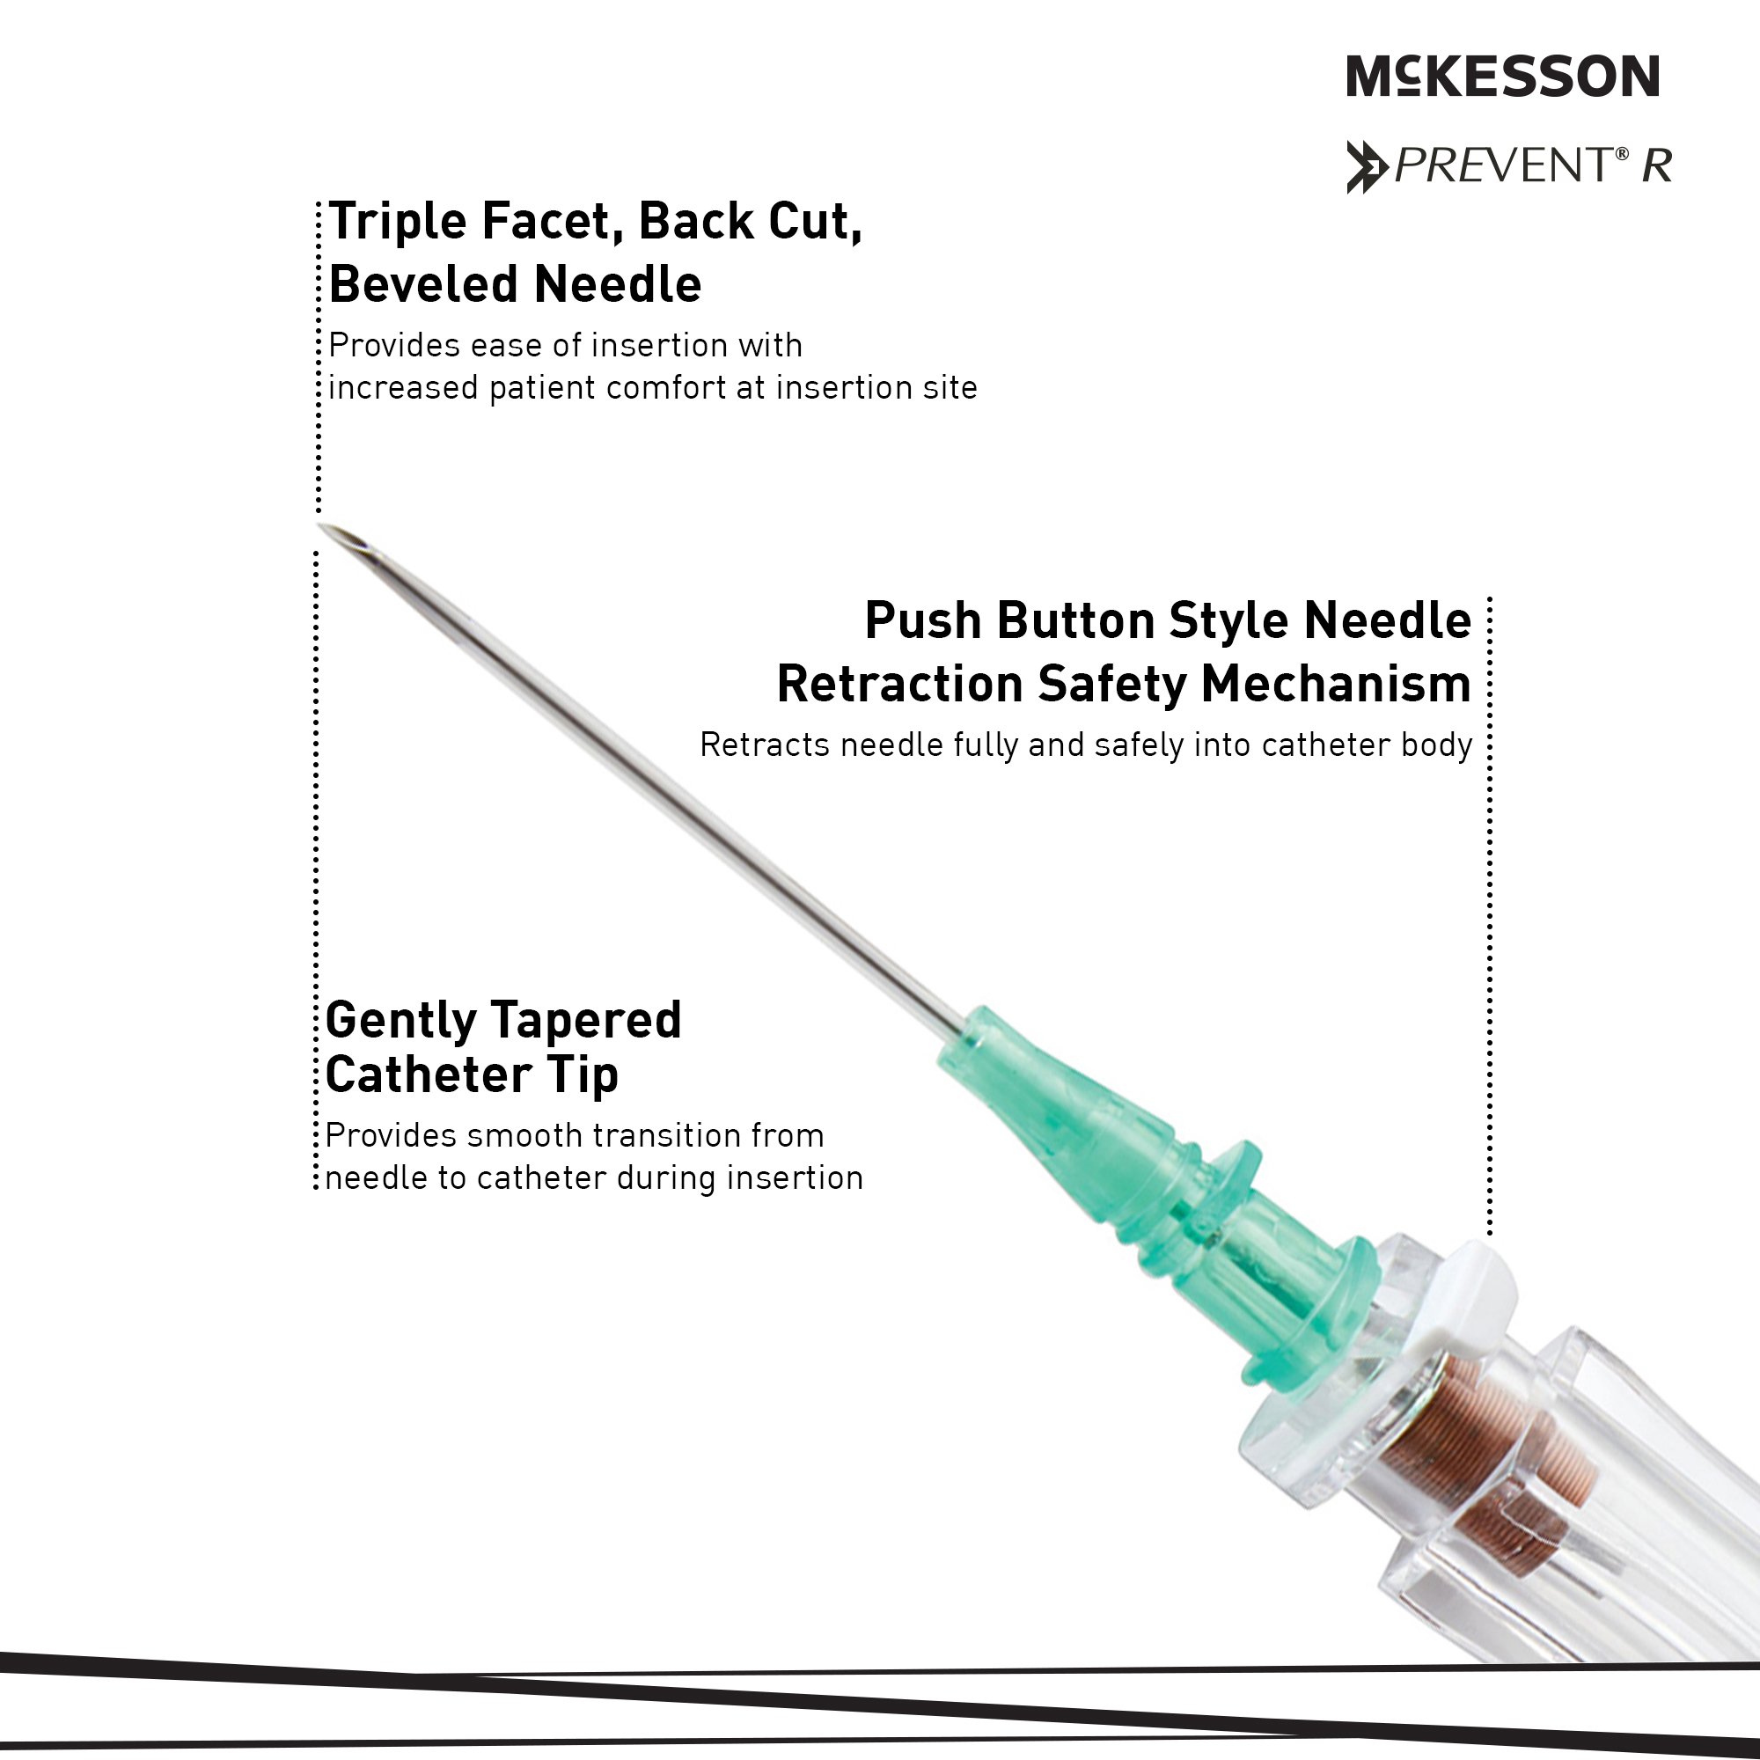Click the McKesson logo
(x=1503, y=76)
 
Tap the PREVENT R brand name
(x=1533, y=165)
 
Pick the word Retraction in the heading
(x=900, y=684)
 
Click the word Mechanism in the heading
(x=1336, y=684)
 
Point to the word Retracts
(x=765, y=745)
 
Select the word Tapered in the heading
(x=590, y=1021)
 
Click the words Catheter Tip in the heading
(x=471, y=1075)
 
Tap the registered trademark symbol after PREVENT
(x=1622, y=154)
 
